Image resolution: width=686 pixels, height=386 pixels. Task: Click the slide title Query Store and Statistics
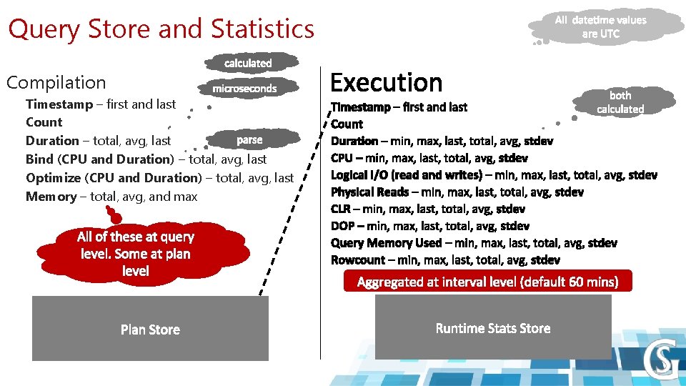click(x=161, y=29)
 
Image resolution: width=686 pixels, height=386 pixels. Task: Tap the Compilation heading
click(x=56, y=82)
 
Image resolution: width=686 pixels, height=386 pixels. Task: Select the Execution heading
click(x=387, y=83)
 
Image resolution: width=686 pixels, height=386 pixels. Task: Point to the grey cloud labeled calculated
click(x=248, y=63)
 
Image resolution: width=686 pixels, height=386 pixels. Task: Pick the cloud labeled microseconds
click(x=244, y=89)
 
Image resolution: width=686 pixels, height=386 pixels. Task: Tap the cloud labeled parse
click(x=249, y=139)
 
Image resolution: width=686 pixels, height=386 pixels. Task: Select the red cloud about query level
click(x=136, y=253)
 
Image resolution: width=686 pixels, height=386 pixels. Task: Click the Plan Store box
click(x=150, y=330)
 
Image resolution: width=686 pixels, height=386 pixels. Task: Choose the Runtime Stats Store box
click(x=493, y=328)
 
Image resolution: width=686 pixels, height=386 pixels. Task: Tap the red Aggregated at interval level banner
click(x=487, y=282)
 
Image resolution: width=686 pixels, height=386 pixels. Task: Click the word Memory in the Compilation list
click(x=51, y=197)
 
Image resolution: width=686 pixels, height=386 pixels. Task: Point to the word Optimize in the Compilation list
click(x=53, y=178)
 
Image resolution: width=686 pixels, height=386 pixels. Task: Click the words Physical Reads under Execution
click(x=369, y=192)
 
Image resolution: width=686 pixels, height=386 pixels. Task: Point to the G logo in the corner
click(x=660, y=361)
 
